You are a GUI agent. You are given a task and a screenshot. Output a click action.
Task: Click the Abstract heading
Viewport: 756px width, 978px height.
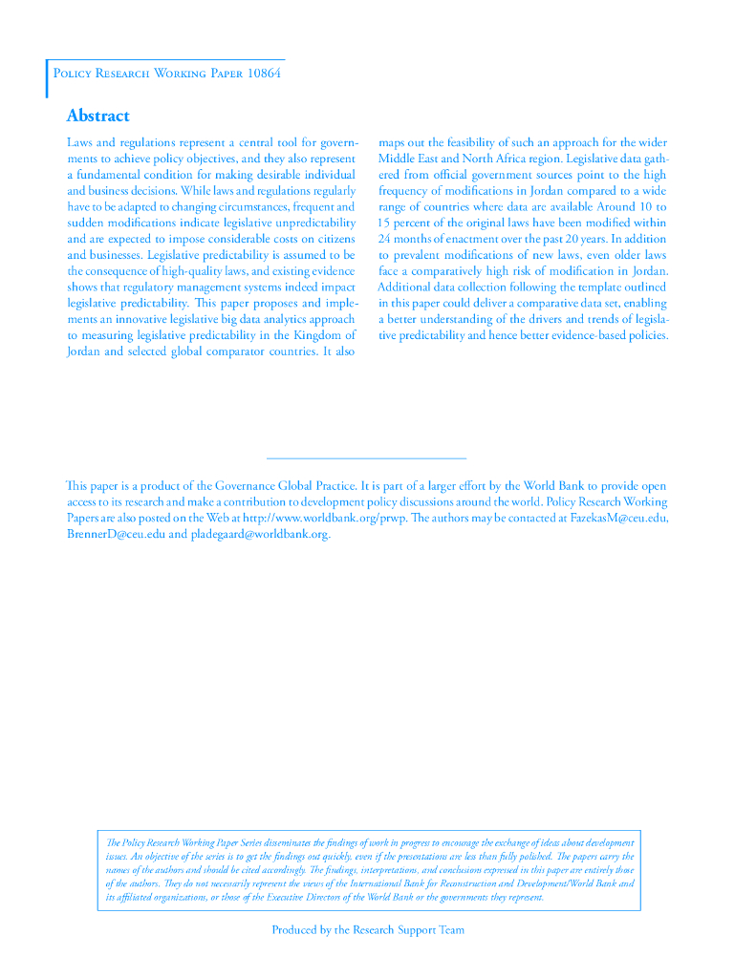tap(97, 116)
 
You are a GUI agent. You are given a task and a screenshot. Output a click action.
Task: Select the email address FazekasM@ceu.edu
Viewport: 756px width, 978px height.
tap(618, 518)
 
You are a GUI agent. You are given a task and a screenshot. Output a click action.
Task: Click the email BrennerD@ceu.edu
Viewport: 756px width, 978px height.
tap(115, 534)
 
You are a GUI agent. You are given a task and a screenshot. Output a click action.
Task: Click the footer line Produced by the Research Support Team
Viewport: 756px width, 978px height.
tap(368, 929)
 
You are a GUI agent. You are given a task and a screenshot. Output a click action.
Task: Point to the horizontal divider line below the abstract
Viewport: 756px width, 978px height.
tap(366, 459)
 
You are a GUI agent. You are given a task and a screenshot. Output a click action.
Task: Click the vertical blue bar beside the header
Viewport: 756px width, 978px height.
tap(47, 78)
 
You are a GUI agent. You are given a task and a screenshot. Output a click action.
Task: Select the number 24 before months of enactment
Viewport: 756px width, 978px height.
tap(385, 239)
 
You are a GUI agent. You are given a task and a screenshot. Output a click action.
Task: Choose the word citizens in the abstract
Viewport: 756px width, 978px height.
tap(332, 239)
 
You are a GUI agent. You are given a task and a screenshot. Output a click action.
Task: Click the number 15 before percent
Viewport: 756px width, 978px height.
tap(385, 223)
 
